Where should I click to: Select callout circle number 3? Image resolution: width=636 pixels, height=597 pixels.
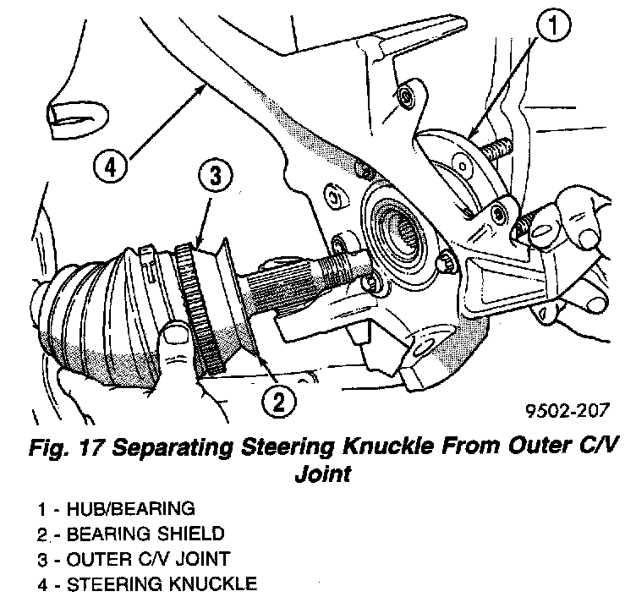pos(216,176)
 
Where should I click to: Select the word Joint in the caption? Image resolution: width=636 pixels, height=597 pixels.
pos(322,474)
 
